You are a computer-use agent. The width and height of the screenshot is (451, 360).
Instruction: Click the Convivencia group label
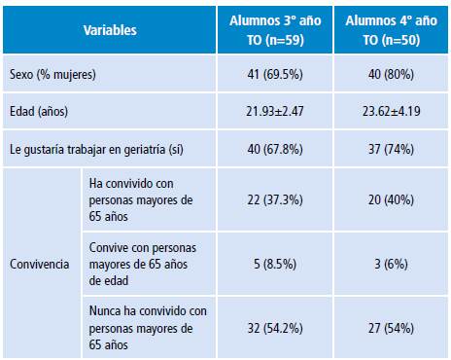[x=39, y=263]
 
